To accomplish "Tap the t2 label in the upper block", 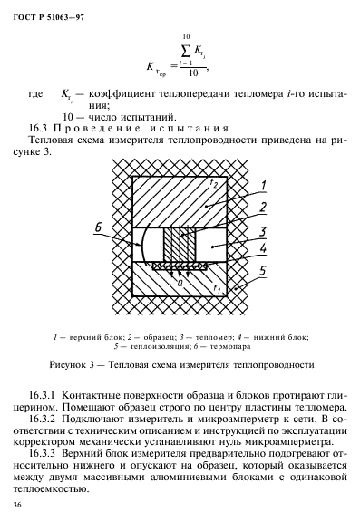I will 213,182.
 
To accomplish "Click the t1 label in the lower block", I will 216,288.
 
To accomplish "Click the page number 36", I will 17,505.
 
